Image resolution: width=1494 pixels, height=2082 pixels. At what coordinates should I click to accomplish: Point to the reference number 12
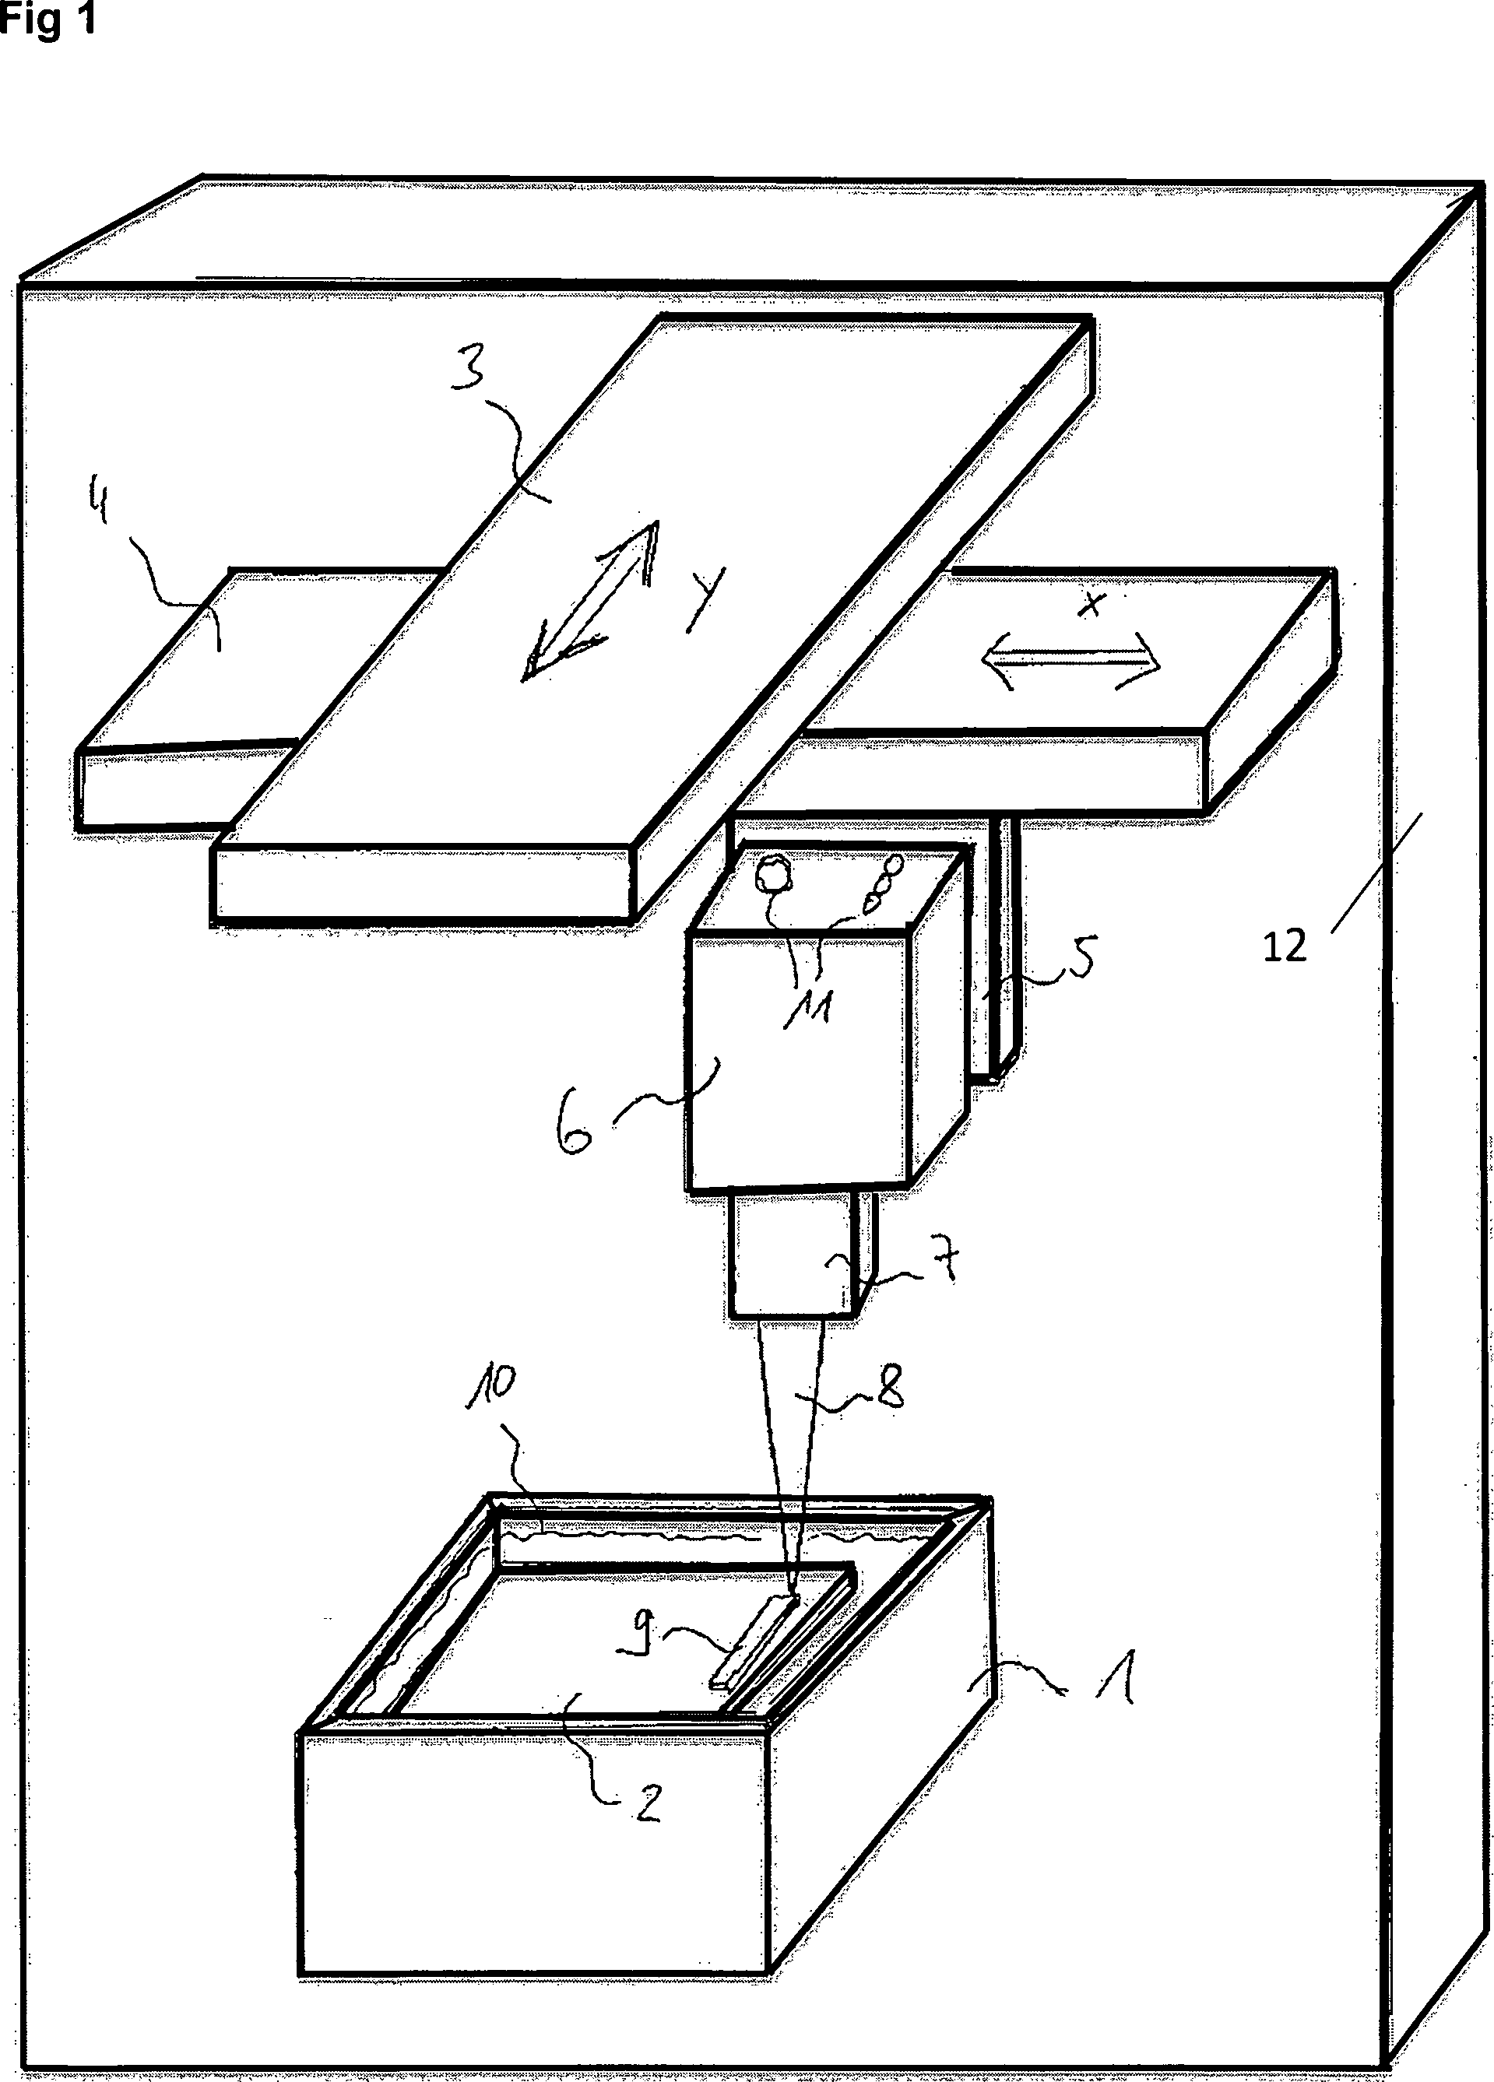click(1284, 946)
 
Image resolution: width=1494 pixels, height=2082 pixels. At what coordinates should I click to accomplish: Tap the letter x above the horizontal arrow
click(1091, 604)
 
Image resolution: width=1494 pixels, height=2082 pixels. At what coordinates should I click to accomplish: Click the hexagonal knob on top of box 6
click(772, 874)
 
